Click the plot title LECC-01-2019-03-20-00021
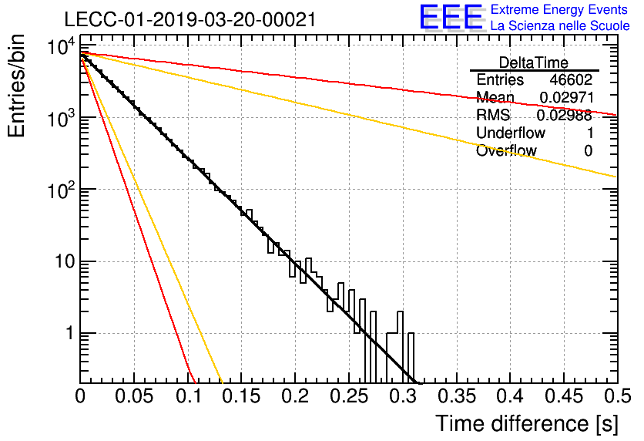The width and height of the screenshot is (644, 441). click(x=190, y=20)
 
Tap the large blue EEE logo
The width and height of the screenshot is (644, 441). click(x=451, y=17)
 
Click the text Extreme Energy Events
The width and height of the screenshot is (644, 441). click(x=559, y=9)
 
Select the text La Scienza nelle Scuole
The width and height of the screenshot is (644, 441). click(x=560, y=26)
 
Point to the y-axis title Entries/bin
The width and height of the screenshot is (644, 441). click(x=16, y=86)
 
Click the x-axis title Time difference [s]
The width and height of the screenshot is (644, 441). click(x=527, y=423)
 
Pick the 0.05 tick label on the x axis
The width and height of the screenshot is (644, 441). click(x=134, y=396)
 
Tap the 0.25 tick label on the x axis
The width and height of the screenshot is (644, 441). click(x=349, y=396)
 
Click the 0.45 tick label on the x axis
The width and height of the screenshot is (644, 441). click(x=565, y=396)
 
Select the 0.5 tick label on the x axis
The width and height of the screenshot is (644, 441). click(x=617, y=396)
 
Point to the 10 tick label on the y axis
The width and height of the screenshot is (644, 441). click(x=65, y=262)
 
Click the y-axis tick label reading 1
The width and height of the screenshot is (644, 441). click(x=70, y=333)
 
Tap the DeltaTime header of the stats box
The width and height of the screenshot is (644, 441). click(x=534, y=62)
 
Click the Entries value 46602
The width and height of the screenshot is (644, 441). click(x=572, y=79)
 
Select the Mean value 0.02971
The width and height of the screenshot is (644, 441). click(x=566, y=97)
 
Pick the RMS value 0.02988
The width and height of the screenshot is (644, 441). click(x=565, y=116)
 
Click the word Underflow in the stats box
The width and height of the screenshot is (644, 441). click(x=511, y=133)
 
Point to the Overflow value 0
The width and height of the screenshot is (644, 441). click(x=588, y=151)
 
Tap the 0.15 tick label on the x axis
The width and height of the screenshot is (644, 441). click(x=242, y=396)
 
